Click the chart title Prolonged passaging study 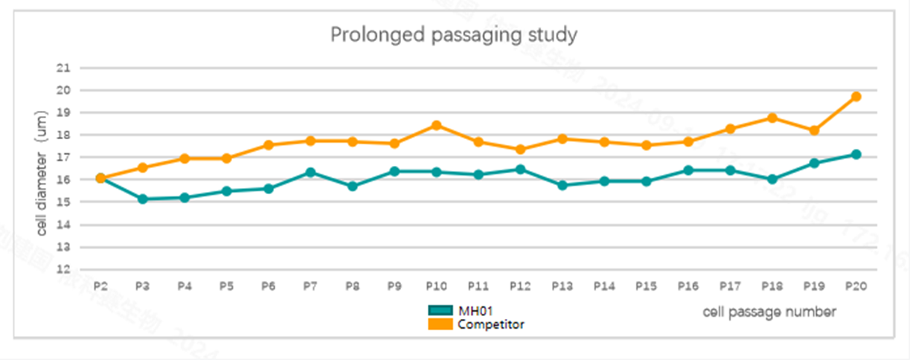click(453, 35)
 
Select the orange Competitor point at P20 click(856, 97)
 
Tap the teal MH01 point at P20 click(856, 155)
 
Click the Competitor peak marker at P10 click(436, 125)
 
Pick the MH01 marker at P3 click(142, 199)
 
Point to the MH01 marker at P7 click(310, 173)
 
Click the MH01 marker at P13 click(562, 185)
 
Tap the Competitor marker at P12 click(520, 150)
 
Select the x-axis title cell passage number click(769, 312)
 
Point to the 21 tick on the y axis click(63, 68)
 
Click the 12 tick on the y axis click(63, 269)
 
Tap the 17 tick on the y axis click(63, 158)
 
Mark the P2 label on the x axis click(100, 286)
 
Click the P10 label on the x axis click(436, 286)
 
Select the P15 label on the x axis click(646, 286)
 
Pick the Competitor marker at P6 click(269, 145)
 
